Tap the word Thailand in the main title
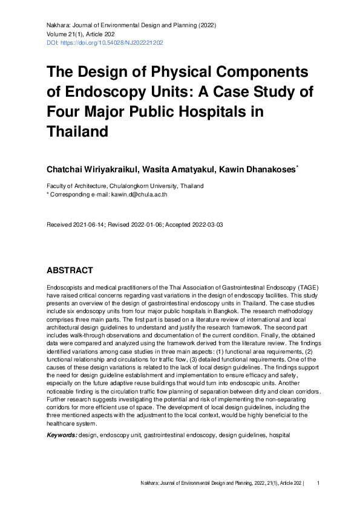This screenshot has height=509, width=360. pyautogui.click(x=77, y=131)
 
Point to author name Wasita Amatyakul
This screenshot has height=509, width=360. pyautogui.click(x=191, y=167)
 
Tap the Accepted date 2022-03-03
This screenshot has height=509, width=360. pyautogui.click(x=203, y=225)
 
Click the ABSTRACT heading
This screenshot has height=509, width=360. pyautogui.click(x=71, y=271)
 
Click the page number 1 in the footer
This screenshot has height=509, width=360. pyautogui.click(x=318, y=483)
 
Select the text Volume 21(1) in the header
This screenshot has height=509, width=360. pyautogui.click(x=65, y=34)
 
